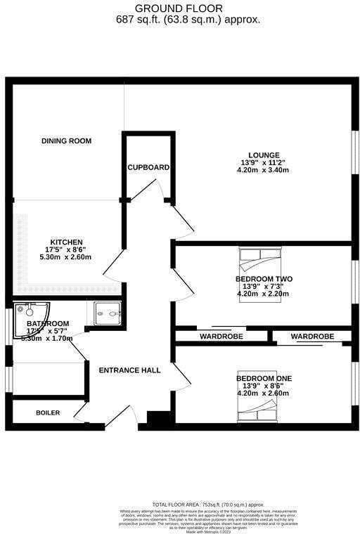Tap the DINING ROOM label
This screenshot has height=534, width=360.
point(66,141)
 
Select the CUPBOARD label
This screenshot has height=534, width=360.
point(148,167)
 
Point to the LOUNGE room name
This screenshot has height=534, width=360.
point(264,155)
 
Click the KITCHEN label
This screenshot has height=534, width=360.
point(66,242)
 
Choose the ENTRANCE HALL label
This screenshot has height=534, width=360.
point(129,370)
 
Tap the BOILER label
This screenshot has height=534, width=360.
point(48,412)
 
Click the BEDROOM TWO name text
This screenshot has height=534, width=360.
point(264,279)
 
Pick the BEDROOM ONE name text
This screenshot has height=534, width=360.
point(264,379)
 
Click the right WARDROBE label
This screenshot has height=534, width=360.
point(312,337)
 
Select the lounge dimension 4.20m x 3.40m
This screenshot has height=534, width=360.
point(264,169)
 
